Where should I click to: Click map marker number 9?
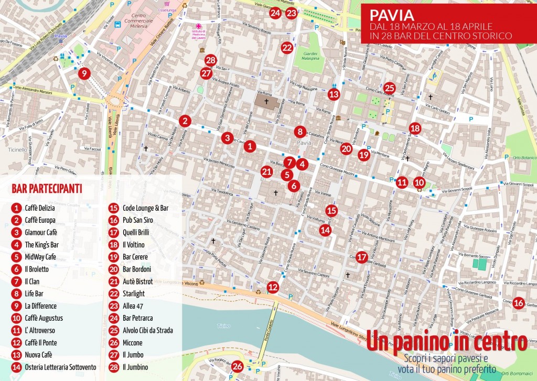[x=83, y=73]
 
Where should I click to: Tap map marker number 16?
[x=518, y=302]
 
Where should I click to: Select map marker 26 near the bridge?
[x=238, y=366]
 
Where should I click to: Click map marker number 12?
[x=273, y=287]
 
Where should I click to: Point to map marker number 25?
[x=389, y=88]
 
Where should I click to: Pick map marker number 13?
[x=334, y=94]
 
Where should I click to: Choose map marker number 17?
[x=361, y=257]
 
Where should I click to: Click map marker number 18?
[x=415, y=128]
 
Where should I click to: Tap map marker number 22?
[x=286, y=48]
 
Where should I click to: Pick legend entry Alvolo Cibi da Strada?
[x=147, y=331]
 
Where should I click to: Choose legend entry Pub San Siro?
[x=137, y=221]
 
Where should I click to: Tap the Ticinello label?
[x=18, y=149]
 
